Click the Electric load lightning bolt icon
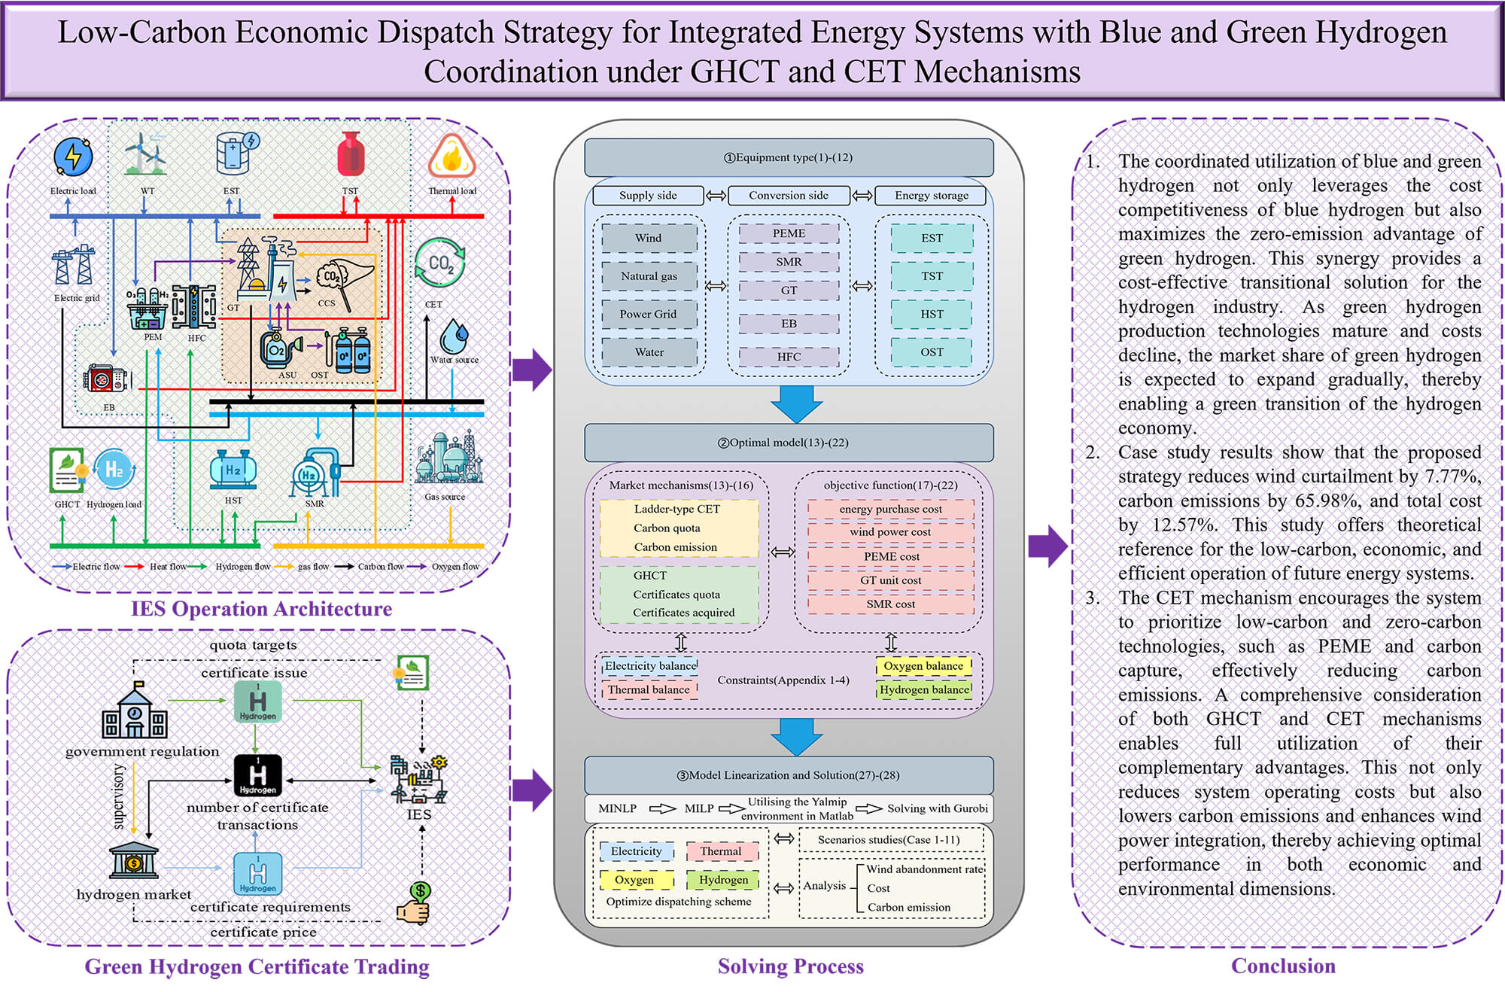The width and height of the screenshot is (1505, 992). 73,157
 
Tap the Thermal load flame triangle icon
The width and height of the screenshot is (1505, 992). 451,157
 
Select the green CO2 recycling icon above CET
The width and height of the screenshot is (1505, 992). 439,263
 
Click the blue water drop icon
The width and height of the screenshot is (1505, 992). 454,336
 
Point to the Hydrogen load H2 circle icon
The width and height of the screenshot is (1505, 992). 114,470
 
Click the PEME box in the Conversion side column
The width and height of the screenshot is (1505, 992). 788,233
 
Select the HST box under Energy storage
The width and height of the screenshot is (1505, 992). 931,314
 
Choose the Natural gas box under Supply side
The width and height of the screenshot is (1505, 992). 649,276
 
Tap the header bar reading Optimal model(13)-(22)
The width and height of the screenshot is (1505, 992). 789,443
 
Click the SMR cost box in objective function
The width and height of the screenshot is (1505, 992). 890,604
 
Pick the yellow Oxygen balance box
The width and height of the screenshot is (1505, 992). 923,666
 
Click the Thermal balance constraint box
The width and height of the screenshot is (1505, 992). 649,689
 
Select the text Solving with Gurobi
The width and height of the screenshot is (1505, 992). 937,808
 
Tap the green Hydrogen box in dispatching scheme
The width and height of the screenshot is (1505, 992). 723,879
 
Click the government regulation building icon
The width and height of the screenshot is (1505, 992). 135,711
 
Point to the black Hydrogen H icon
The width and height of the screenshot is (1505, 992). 257,775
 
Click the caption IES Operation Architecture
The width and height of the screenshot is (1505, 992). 261,608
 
